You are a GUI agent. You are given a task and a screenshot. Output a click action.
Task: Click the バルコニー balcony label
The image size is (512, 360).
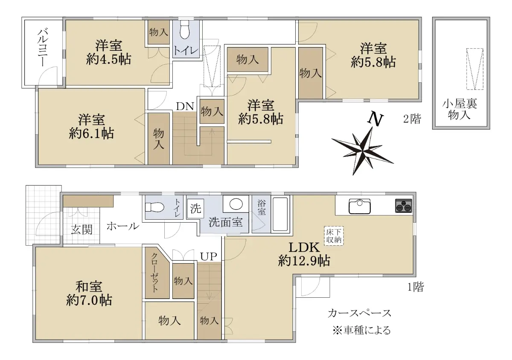point(43,47)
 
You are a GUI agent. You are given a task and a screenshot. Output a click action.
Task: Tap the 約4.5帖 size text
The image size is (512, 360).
point(108,60)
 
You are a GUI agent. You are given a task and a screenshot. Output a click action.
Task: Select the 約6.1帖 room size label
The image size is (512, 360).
point(91,134)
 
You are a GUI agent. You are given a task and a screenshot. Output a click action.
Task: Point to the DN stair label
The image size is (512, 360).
point(185,106)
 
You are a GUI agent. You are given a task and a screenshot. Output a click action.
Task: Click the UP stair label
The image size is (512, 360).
point(209,256)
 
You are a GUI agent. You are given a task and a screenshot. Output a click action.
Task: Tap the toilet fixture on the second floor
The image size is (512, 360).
point(185,30)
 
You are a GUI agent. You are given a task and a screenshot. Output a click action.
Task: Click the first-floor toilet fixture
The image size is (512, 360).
point(154,207)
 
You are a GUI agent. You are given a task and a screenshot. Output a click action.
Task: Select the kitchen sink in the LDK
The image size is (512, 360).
point(360,206)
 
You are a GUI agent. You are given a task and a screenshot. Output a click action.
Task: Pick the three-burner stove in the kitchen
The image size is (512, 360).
point(404,206)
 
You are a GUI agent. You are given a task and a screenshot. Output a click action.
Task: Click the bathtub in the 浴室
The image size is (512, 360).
point(280,214)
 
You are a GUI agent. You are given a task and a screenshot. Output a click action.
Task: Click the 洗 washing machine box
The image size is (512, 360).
point(196,209)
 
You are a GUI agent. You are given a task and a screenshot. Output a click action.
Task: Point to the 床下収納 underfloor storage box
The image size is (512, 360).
point(334,236)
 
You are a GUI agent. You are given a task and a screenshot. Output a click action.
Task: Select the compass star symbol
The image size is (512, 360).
point(363,151)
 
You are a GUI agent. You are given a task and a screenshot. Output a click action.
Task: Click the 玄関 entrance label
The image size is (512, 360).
point(81,229)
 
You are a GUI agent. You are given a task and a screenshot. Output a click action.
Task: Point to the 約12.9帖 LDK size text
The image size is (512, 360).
point(304,261)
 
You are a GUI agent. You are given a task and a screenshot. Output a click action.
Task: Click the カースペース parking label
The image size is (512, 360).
point(359,313)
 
